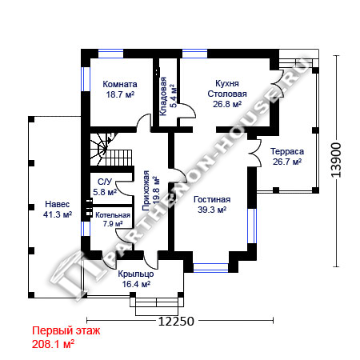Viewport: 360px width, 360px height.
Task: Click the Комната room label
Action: click(120, 84)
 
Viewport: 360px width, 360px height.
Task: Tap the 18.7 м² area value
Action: click(120, 94)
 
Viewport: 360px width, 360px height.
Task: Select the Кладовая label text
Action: click(163, 96)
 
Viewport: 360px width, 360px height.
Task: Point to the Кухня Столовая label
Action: click(227, 89)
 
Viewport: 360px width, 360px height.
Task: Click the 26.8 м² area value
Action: click(227, 104)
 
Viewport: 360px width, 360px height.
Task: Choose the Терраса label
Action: click(287, 151)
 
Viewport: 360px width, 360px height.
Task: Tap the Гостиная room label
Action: click(212, 199)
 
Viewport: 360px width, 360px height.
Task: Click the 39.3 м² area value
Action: click(212, 210)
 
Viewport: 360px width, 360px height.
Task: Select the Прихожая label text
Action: click(146, 191)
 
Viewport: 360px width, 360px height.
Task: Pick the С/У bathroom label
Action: click(105, 182)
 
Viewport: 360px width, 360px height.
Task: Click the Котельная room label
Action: click(113, 215)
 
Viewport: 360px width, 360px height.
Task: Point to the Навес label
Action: click(58, 204)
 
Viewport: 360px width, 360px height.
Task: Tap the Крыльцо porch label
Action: click(136, 274)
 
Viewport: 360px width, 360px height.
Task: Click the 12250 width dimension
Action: click(176, 322)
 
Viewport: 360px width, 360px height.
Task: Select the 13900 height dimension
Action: click(336, 160)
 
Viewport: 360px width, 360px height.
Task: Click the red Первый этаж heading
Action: click(66, 331)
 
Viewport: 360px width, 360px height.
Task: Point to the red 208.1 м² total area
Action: click(53, 344)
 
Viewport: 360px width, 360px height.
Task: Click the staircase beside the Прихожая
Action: click(111, 150)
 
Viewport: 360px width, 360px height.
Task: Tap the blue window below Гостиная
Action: click(210, 267)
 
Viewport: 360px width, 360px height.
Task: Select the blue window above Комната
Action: click(110, 54)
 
